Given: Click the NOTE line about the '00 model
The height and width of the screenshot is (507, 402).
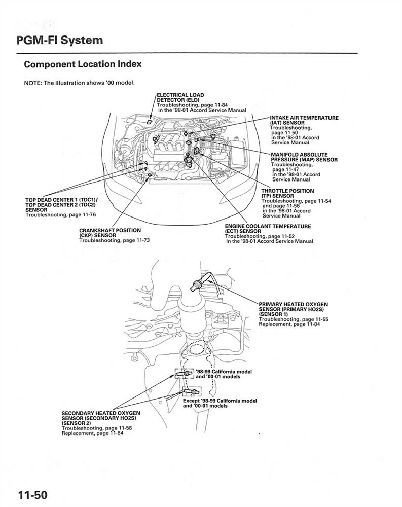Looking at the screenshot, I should (x=79, y=83).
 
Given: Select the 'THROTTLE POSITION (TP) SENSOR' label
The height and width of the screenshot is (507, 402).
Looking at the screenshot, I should (x=287, y=193).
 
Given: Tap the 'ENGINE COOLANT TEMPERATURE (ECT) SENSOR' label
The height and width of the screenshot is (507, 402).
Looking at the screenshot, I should (x=268, y=228).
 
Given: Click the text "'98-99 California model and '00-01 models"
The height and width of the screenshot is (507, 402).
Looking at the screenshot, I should (x=223, y=374).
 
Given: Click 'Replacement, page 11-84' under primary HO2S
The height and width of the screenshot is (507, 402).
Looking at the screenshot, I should (x=287, y=324).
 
